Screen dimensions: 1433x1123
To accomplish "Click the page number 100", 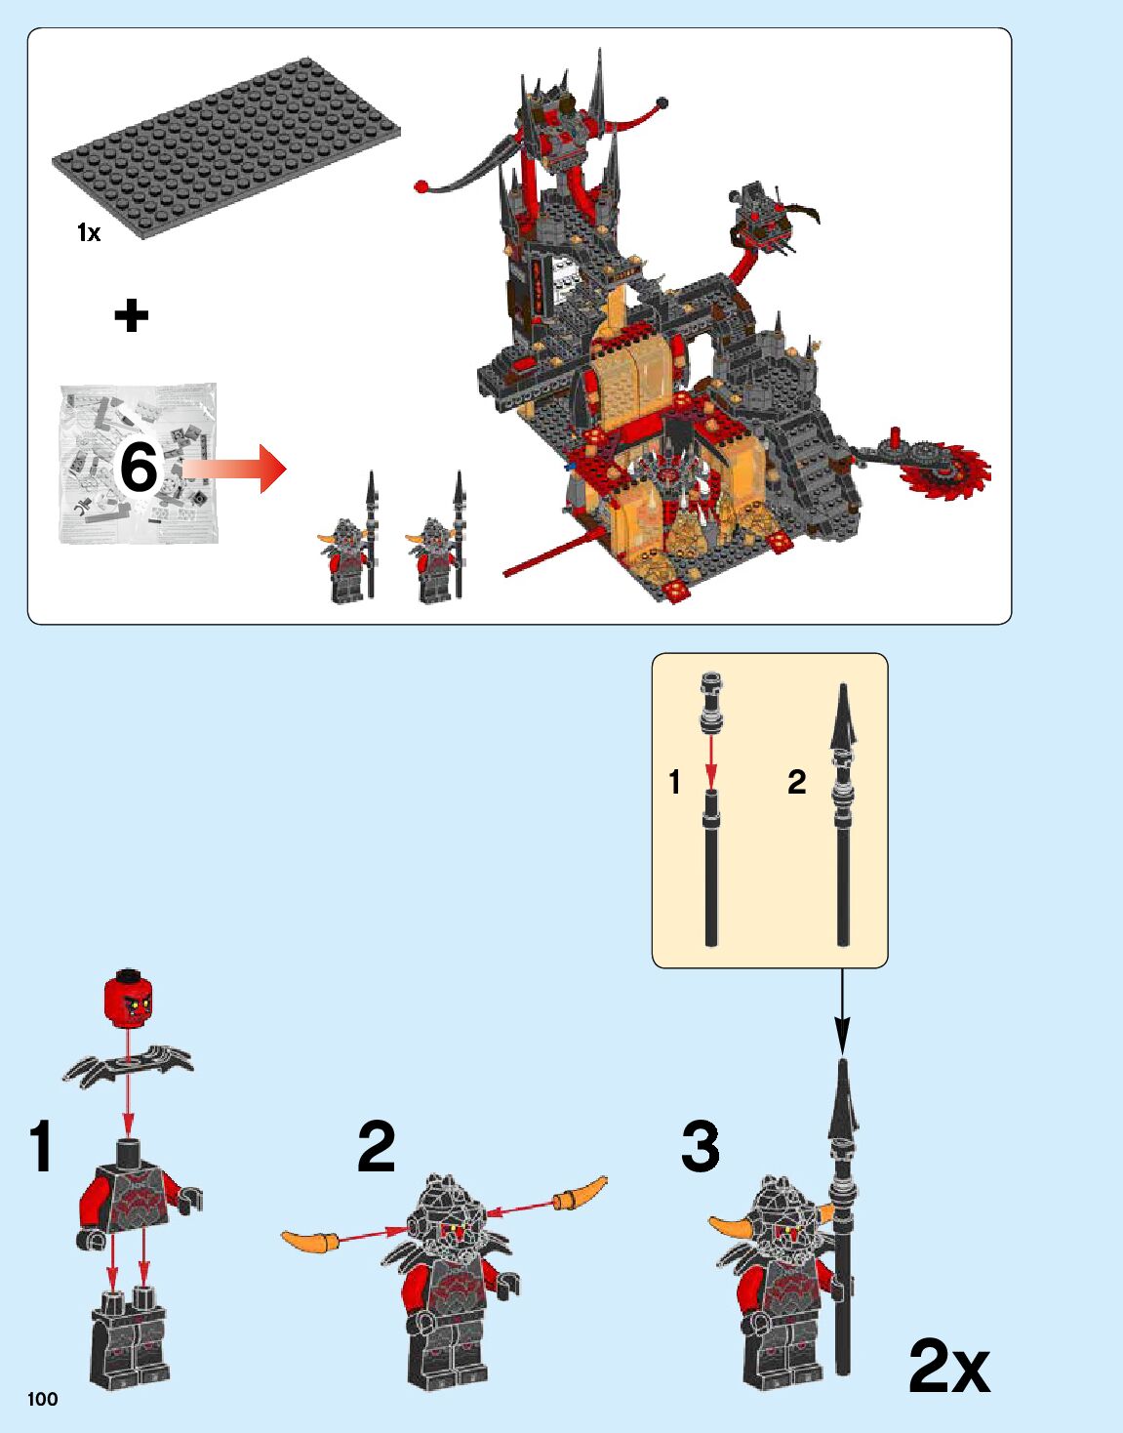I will click(43, 1399).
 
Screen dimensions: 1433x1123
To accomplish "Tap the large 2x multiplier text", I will click(948, 1367).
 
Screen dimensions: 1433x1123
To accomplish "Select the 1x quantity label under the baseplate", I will click(89, 232).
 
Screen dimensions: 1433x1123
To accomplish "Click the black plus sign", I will click(132, 315).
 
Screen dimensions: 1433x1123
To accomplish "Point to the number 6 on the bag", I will click(138, 467).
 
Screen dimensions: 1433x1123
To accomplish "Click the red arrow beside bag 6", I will click(237, 470).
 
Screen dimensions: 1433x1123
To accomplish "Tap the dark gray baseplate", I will click(225, 146).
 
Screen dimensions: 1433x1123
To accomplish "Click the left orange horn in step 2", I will click(310, 1241).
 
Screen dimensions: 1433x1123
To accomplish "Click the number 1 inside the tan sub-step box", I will click(674, 781).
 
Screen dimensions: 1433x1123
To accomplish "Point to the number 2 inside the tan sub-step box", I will click(797, 781).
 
